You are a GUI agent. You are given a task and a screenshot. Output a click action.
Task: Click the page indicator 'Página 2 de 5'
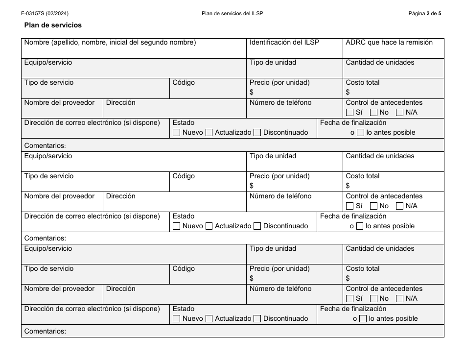tap(424, 14)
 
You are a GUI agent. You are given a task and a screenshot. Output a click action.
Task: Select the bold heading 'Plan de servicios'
tap(53, 25)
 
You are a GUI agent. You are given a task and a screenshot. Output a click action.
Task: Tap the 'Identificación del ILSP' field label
tap(284, 43)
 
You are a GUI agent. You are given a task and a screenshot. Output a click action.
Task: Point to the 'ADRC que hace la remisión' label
tap(389, 43)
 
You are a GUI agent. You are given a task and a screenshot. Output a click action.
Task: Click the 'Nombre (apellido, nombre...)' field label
tap(110, 43)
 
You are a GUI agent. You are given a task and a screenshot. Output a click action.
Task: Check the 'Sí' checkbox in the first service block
tap(349, 113)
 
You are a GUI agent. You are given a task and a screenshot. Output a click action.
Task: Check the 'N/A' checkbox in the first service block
tap(399, 113)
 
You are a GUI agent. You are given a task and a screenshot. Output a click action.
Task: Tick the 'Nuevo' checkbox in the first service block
tap(177, 133)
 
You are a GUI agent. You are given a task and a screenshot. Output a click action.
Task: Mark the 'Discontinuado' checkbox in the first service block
tap(257, 133)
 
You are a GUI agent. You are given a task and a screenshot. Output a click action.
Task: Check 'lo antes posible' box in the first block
tap(360, 133)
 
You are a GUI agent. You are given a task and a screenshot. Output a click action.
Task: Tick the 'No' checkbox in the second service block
tap(374, 206)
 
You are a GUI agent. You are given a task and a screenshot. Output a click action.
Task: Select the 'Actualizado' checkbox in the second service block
tap(209, 226)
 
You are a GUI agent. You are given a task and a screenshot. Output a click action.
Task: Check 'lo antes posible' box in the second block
tap(360, 226)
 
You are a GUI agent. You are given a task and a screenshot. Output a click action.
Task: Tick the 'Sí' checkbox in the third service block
tap(349, 299)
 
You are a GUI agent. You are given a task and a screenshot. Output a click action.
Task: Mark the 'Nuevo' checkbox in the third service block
tap(177, 319)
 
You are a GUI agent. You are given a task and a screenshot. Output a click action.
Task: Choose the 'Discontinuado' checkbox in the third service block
tap(257, 319)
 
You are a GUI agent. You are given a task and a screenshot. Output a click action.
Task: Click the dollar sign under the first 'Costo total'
tap(348, 92)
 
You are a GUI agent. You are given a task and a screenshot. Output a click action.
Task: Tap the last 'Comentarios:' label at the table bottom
tap(45, 332)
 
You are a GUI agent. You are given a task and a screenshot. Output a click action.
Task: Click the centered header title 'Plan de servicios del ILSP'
tap(232, 14)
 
